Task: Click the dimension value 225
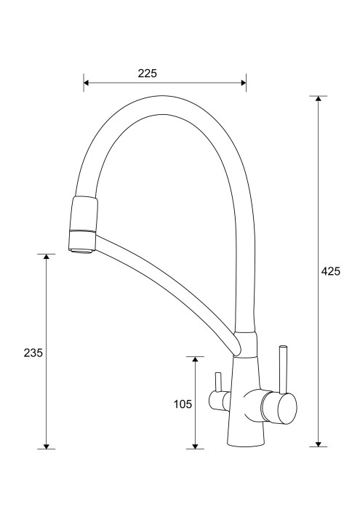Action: pyautogui.click(x=147, y=73)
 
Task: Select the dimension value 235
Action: pyautogui.click(x=33, y=353)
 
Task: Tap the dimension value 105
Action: pyautogui.click(x=183, y=404)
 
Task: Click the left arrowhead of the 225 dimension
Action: pyautogui.click(x=87, y=82)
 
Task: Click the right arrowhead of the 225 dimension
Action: pyautogui.click(x=243, y=82)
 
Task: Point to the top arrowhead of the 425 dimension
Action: pyautogui.click(x=318, y=99)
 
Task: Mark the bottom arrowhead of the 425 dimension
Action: pyautogui.click(x=318, y=444)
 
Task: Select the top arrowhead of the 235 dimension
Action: pyautogui.click(x=46, y=257)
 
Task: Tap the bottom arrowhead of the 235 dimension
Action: pyautogui.click(x=46, y=446)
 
